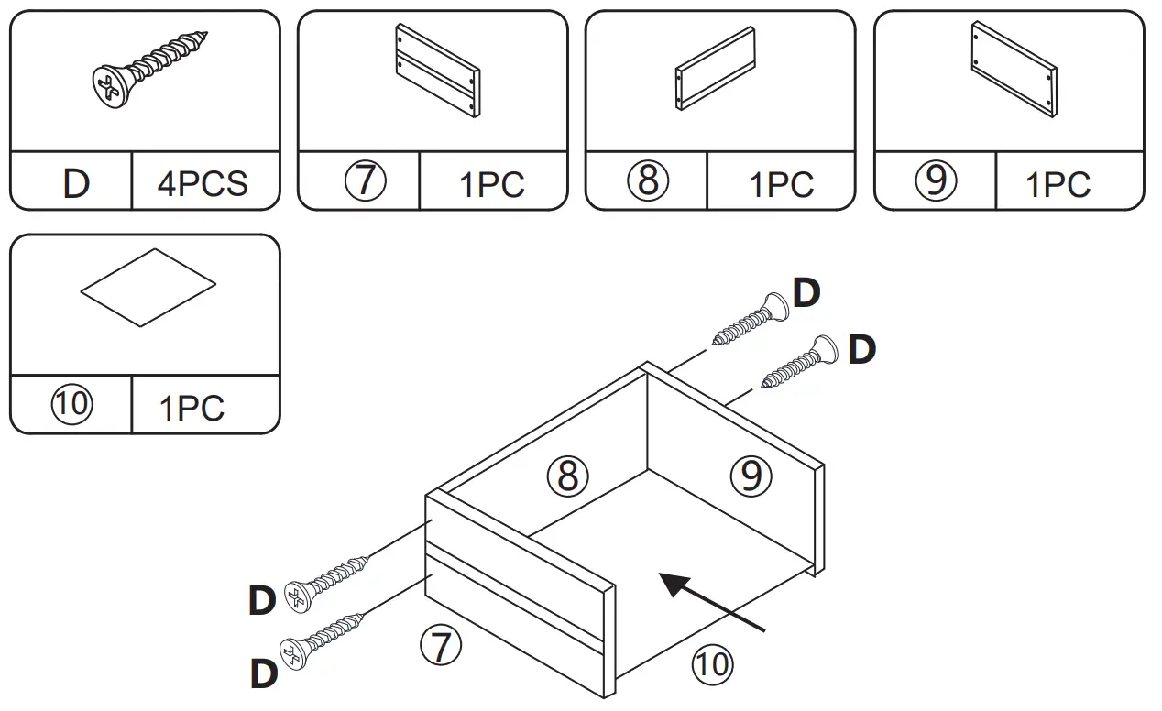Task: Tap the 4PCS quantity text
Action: pyautogui.click(x=203, y=184)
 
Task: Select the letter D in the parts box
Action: pyautogui.click(x=76, y=184)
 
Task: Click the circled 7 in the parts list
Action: pyautogui.click(x=365, y=181)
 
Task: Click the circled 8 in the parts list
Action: pyautogui.click(x=649, y=181)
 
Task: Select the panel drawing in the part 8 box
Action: pyautogui.click(x=715, y=69)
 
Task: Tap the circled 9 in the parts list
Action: pyautogui.click(x=936, y=181)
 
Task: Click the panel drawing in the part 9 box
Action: pyautogui.click(x=1014, y=69)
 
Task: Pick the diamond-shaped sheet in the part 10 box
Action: pyautogui.click(x=148, y=287)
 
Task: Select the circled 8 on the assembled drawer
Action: pyautogui.click(x=568, y=476)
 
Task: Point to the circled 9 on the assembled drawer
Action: pyautogui.click(x=751, y=476)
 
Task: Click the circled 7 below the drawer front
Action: pyautogui.click(x=441, y=647)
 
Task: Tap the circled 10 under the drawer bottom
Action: pyautogui.click(x=712, y=662)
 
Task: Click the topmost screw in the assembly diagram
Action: pyautogui.click(x=751, y=321)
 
